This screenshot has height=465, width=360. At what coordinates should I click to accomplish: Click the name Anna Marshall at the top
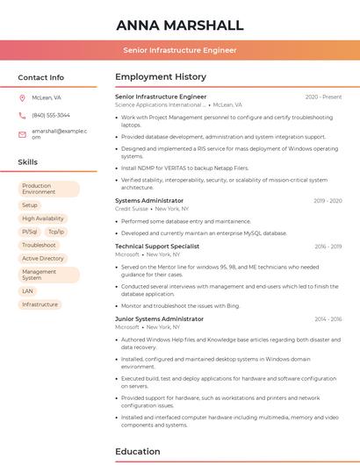(179, 25)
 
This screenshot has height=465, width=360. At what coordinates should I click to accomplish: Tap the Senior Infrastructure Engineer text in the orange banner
(179, 50)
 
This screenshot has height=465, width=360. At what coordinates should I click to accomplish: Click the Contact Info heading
(41, 77)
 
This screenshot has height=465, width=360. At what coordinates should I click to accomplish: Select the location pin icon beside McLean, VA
(23, 97)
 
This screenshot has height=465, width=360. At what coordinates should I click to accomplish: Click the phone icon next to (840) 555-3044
(23, 115)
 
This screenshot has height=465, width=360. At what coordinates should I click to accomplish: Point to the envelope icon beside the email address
(23, 133)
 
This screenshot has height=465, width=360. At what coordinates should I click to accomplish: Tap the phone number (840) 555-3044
(51, 115)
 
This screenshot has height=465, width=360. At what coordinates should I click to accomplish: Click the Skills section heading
(28, 162)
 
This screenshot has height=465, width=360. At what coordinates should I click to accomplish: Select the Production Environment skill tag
(48, 189)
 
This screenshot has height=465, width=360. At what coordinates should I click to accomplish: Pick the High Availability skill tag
(43, 218)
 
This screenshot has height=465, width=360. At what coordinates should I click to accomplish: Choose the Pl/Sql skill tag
(30, 232)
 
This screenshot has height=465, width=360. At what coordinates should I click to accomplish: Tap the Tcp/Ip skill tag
(56, 232)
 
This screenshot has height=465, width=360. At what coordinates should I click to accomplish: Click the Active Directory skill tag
(43, 259)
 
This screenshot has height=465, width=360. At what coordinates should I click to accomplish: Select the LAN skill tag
(28, 291)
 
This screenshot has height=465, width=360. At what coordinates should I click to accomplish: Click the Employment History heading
(161, 77)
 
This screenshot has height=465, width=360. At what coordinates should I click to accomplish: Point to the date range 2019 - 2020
(328, 201)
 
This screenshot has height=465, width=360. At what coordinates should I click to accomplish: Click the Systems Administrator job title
(149, 201)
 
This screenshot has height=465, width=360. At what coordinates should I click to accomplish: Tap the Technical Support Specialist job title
(157, 247)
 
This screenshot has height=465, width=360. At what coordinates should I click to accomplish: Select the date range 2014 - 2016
(328, 319)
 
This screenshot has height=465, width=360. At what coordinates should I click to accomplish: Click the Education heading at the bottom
(140, 452)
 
